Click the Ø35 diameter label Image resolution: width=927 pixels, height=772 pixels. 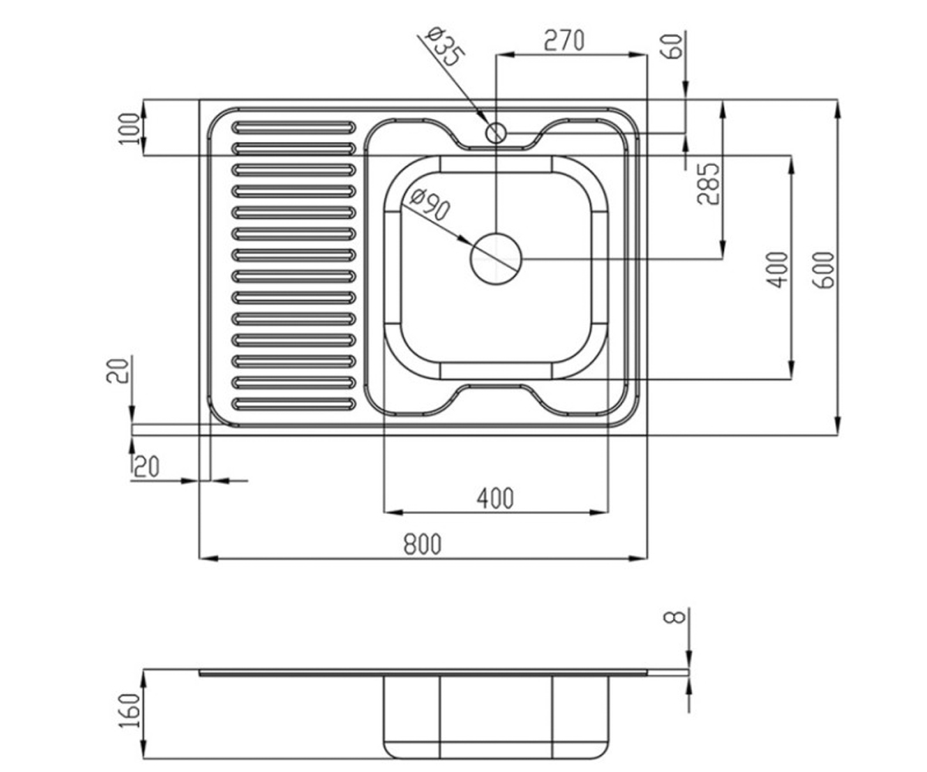point(445,47)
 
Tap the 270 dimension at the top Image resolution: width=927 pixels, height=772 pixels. point(564,40)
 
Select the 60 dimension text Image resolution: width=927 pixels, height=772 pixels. point(674,46)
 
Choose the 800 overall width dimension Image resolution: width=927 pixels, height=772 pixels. point(423,544)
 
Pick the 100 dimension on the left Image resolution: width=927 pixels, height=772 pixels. point(130,129)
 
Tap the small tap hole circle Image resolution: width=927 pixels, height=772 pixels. point(496,133)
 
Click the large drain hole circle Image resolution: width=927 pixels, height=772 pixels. point(496,259)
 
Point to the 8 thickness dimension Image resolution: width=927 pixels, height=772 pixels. point(679,616)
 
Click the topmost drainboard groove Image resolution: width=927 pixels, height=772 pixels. point(294,127)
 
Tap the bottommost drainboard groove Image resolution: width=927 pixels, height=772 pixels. point(294,404)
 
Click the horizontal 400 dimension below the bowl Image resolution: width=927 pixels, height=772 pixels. point(495,498)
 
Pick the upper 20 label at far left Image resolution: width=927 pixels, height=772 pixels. point(117,371)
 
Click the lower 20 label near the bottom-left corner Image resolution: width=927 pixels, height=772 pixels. point(147,467)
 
